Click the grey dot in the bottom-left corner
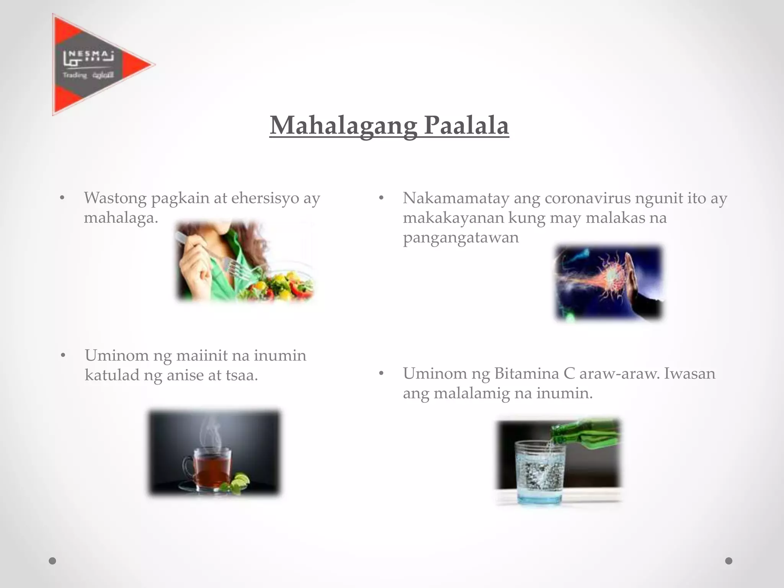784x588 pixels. coord(52,561)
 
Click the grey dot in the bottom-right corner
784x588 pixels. coord(729,561)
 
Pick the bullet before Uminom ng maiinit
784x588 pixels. coord(63,356)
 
